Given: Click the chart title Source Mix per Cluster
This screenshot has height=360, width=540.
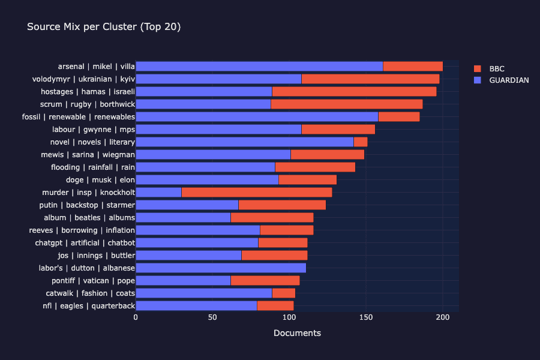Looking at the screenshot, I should (x=104, y=27).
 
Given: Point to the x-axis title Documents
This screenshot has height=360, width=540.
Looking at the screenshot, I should (x=297, y=333).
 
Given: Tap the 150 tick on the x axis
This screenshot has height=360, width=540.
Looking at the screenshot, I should (x=366, y=317).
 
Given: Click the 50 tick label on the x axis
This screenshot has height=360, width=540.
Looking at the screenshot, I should (x=212, y=317).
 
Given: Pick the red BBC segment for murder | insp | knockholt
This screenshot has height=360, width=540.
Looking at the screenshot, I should (x=256, y=193).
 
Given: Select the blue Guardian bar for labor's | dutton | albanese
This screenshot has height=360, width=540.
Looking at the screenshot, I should (x=221, y=268).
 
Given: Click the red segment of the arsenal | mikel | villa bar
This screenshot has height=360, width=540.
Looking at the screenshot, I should (x=413, y=67).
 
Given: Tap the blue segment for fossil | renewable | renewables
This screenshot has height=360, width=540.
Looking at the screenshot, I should (x=257, y=117).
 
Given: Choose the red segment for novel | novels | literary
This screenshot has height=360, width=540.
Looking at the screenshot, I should (x=360, y=142).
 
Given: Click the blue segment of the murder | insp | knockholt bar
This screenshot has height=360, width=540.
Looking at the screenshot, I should (x=158, y=193).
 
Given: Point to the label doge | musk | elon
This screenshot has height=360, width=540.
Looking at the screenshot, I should (x=100, y=180).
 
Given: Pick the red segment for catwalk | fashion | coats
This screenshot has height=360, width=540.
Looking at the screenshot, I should (x=283, y=293).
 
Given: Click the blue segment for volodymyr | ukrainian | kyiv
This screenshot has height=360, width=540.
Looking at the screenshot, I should (x=218, y=79).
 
